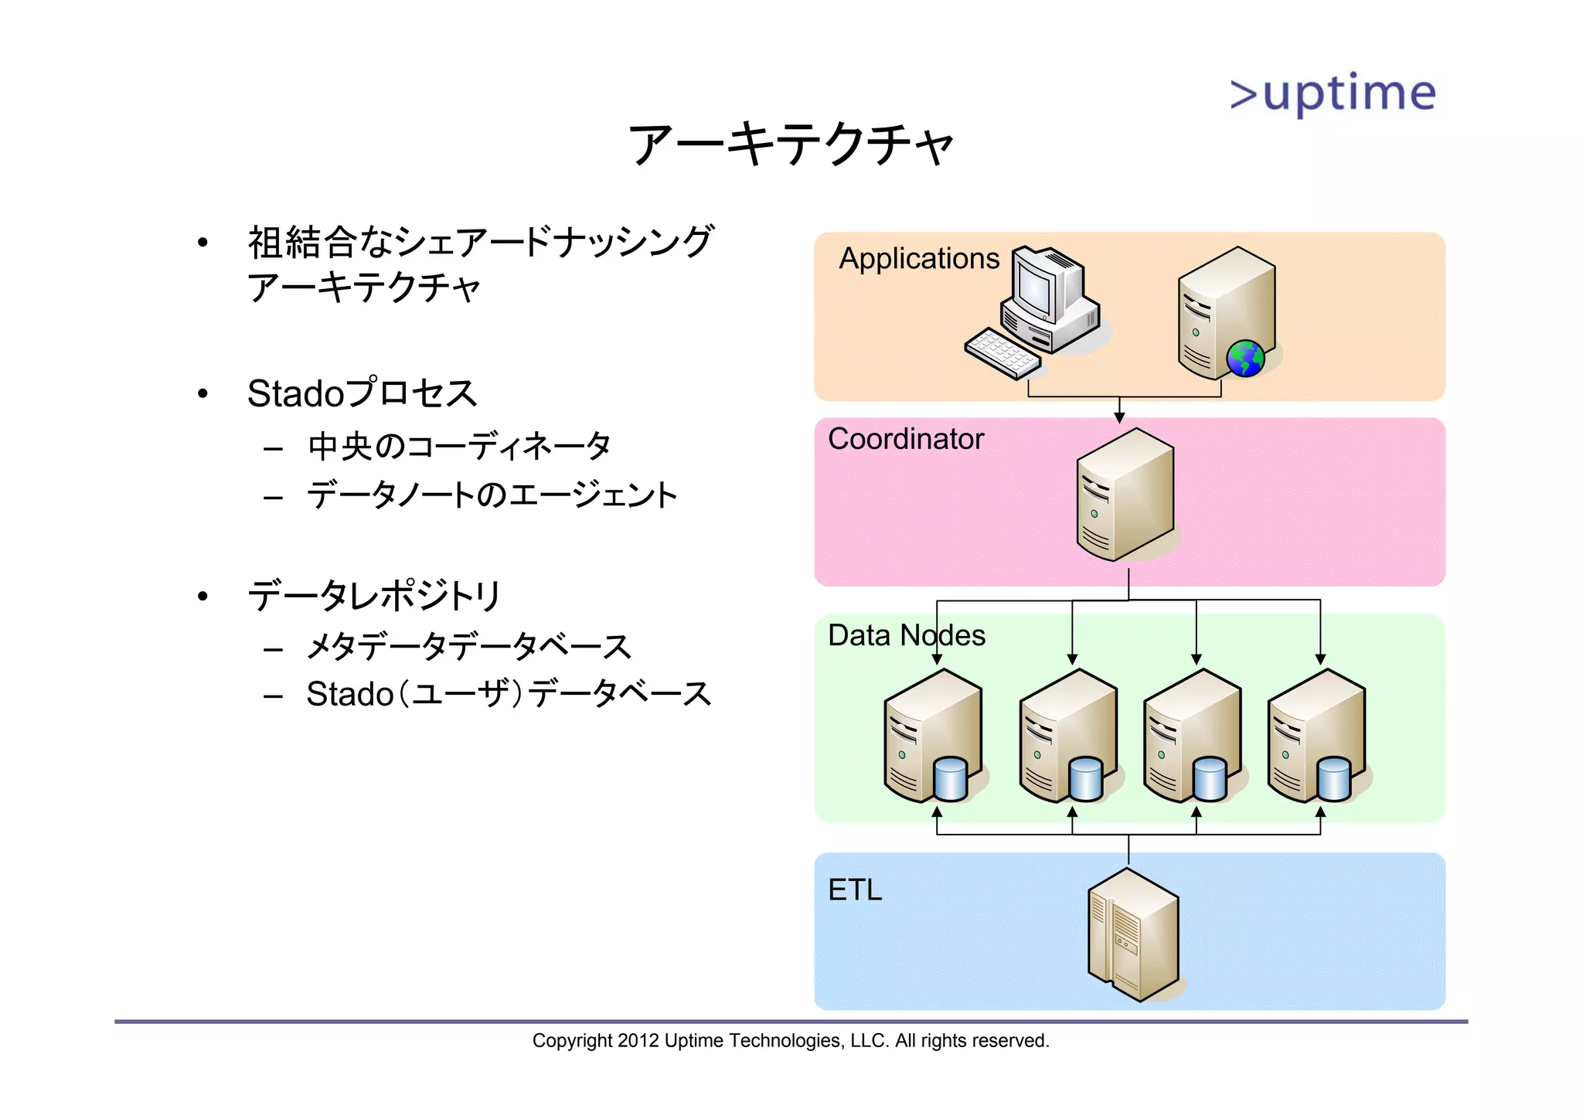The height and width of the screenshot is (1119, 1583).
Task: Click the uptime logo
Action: (1333, 94)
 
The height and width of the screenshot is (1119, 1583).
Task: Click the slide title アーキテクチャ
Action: (791, 145)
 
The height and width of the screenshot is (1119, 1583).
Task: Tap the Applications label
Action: (919, 258)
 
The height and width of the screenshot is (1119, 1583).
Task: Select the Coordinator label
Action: (905, 439)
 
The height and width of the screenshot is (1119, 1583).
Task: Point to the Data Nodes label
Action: (906, 635)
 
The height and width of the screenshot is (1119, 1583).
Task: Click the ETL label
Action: (854, 890)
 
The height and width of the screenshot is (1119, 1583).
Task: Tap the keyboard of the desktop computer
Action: (1003, 354)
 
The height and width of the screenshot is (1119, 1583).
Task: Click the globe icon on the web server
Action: (1245, 359)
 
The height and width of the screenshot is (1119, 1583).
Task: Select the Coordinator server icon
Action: (1125, 495)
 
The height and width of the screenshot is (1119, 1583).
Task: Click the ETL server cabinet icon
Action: (1133, 935)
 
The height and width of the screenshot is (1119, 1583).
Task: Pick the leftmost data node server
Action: (931, 734)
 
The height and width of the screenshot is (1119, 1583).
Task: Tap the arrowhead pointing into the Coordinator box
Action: (1119, 418)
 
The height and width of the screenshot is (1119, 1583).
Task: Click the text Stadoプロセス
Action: (362, 393)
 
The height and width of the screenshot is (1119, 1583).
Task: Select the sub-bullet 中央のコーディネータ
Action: (459, 447)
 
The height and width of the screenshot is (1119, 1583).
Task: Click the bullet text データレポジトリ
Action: (375, 596)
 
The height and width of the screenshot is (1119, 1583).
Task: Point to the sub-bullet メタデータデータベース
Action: (469, 647)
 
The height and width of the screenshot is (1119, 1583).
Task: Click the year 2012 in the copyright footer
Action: (638, 1041)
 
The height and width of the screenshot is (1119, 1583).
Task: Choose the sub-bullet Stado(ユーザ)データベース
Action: (508, 694)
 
